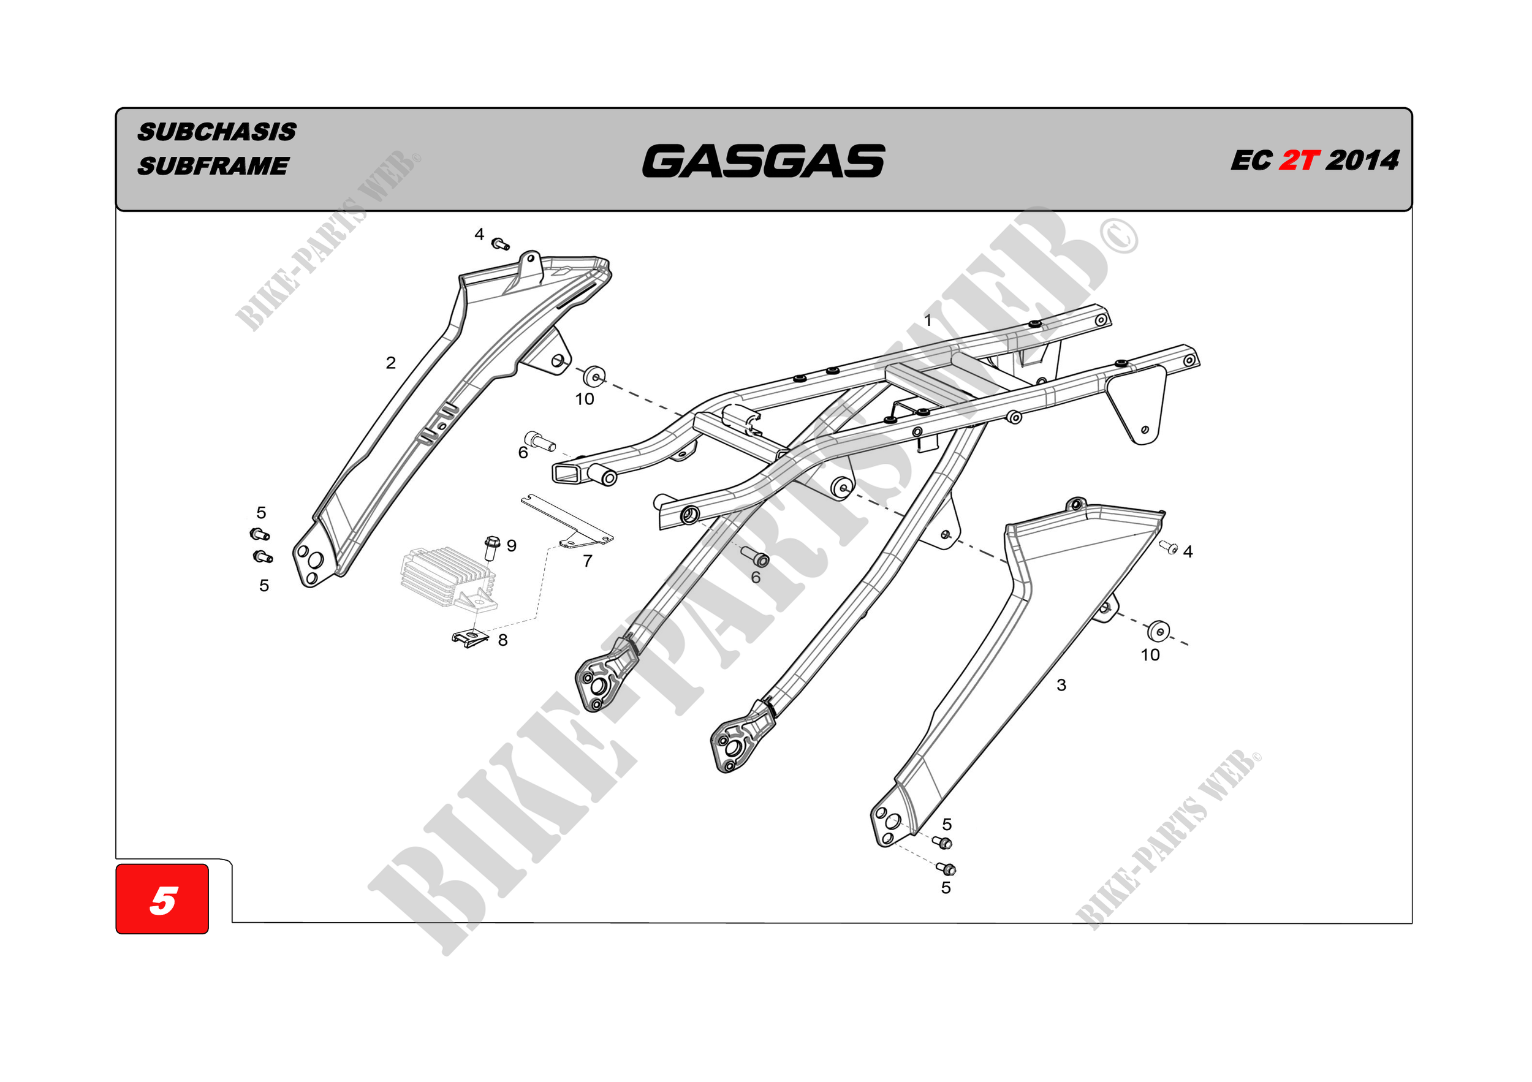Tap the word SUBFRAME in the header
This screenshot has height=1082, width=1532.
tap(213, 165)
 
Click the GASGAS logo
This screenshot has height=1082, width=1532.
tap(764, 161)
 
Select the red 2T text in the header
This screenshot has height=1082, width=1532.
tap(1299, 161)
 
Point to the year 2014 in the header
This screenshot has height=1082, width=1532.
tap(1362, 161)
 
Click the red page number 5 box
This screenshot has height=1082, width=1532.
tap(162, 899)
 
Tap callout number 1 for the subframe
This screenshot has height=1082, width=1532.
tap(928, 320)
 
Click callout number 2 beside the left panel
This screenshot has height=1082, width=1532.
tap(391, 363)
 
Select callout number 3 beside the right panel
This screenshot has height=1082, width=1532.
tap(1061, 685)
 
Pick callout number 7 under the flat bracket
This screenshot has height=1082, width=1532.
tap(587, 561)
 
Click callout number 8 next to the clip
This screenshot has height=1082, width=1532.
tap(502, 640)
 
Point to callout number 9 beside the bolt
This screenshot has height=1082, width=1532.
tap(511, 546)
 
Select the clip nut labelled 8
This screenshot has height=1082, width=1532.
tap(470, 637)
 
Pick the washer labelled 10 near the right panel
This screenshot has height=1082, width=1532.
tap(1158, 630)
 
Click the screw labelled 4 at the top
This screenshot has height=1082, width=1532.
tap(500, 244)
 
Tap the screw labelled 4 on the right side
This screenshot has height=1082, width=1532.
tap(1170, 547)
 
